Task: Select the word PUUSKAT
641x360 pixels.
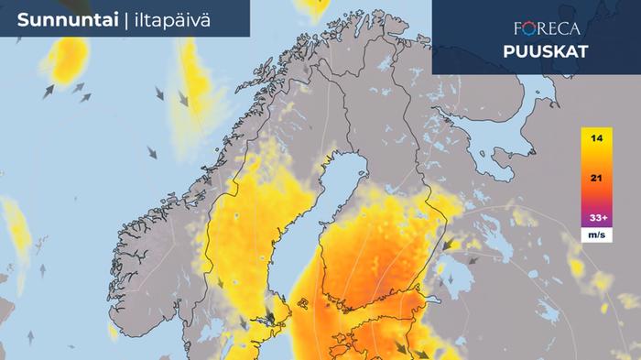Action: click(545, 51)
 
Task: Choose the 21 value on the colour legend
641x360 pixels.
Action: click(596, 179)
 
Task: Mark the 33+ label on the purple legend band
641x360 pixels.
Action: click(596, 218)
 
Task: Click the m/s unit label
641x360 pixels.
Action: click(596, 236)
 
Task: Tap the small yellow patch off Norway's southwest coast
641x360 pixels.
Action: click(17, 229)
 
